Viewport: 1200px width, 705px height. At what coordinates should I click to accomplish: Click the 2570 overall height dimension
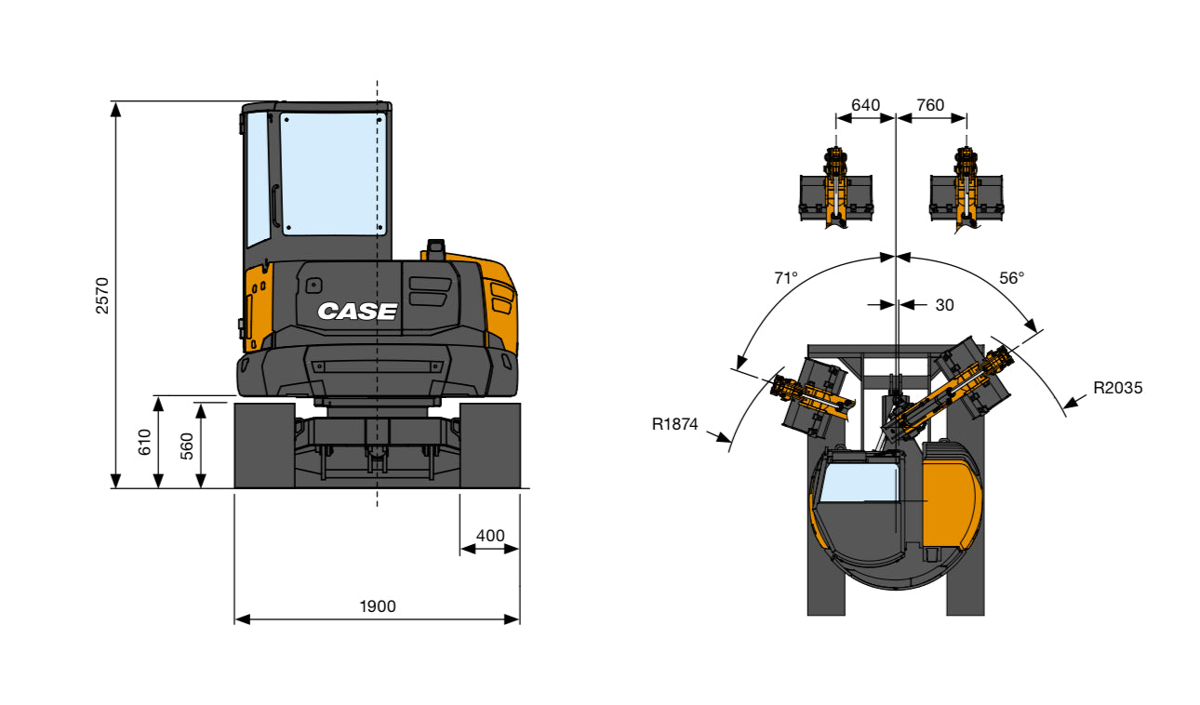coord(103,294)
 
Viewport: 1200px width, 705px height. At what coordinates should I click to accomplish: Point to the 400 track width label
coord(490,536)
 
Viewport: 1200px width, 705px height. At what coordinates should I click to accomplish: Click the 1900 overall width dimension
coord(378,606)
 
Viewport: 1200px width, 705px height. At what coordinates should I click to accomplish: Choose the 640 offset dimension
coord(865,105)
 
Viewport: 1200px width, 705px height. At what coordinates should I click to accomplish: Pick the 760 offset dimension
coord(930,105)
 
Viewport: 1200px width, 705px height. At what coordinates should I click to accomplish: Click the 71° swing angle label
coord(786,277)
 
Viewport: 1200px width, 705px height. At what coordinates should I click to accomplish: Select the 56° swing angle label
coord(1011,277)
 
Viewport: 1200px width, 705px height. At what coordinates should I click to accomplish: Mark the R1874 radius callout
coord(675,424)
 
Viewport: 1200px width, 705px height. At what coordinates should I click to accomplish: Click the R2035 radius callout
coord(1117,388)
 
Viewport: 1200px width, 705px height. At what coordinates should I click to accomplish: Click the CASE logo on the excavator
coord(357,312)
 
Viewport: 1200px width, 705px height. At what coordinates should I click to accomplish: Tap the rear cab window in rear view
coord(333,174)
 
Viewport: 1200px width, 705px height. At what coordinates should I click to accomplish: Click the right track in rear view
coord(489,446)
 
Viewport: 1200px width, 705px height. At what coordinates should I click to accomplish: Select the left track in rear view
coord(264,446)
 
